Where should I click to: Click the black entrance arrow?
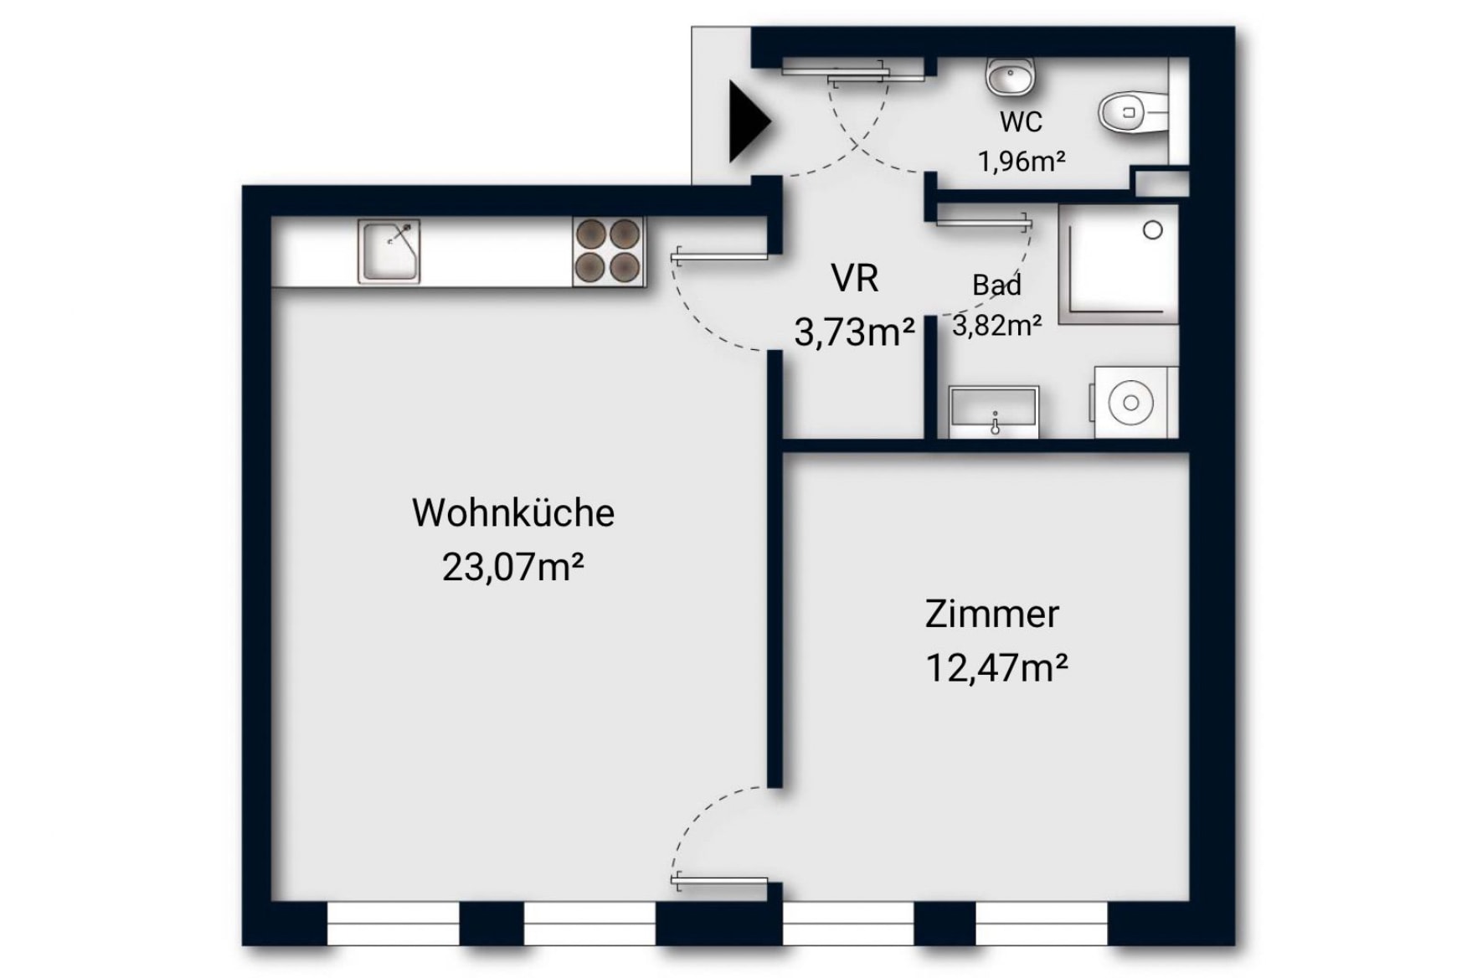click(x=749, y=122)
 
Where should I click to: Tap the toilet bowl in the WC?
click(x=1132, y=113)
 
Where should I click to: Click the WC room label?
click(x=1021, y=122)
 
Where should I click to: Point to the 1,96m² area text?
click(x=1022, y=160)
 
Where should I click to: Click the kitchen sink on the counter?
click(x=389, y=251)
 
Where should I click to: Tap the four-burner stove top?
click(x=609, y=251)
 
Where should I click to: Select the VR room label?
click(x=855, y=278)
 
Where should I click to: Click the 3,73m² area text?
click(x=854, y=332)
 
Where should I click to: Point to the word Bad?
click(x=996, y=286)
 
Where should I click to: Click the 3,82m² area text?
click(x=996, y=325)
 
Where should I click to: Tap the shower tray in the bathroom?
click(x=1119, y=264)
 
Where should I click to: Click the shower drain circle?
click(x=1153, y=230)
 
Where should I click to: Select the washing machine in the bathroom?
click(x=1134, y=402)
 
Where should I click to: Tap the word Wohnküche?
click(x=513, y=513)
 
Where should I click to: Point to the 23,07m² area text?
click(x=512, y=568)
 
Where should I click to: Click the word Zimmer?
click(x=992, y=615)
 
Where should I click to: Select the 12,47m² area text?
click(x=996, y=668)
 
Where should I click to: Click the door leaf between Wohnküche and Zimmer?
click(x=720, y=880)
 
